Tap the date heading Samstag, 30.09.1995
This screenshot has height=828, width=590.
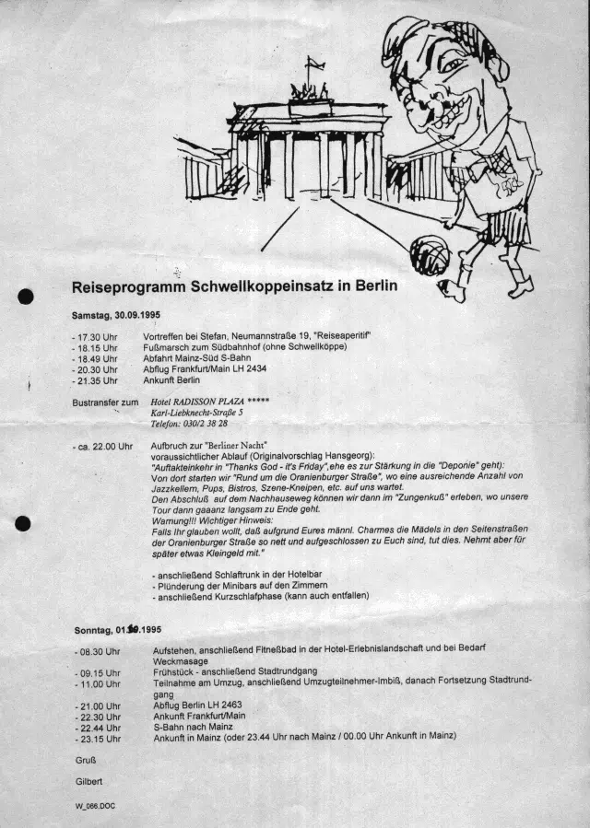pyautogui.click(x=116, y=316)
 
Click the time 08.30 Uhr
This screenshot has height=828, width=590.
pyautogui.click(x=98, y=651)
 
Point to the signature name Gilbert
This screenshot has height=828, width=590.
pyautogui.click(x=89, y=780)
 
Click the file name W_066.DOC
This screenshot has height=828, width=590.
pyautogui.click(x=96, y=806)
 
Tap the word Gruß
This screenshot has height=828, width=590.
pyautogui.click(x=86, y=760)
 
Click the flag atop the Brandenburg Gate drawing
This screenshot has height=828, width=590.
pyautogui.click(x=315, y=63)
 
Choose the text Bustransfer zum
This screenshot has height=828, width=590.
pyautogui.click(x=105, y=402)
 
